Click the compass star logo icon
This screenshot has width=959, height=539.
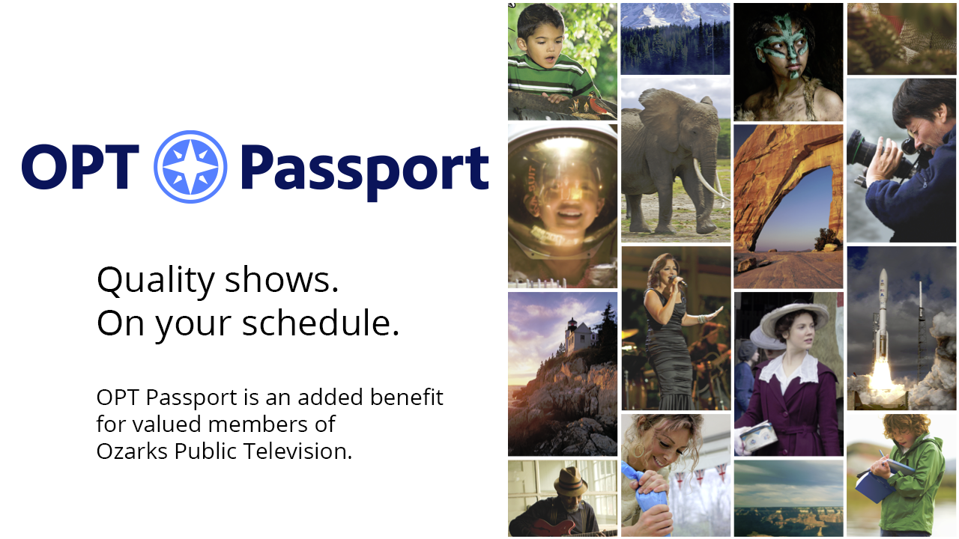(x=190, y=166)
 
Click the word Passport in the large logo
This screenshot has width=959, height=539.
(x=365, y=168)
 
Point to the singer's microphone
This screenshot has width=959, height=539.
(x=679, y=281)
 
